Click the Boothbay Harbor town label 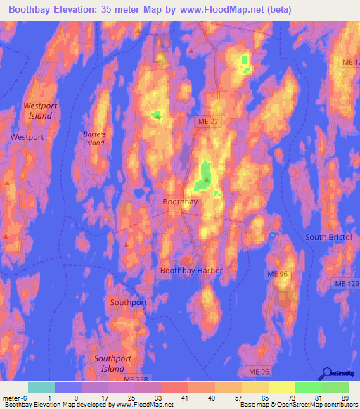(191, 271)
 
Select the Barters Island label (94, 138)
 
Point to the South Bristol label (328, 238)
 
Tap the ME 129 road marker (345, 282)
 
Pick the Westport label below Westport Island (27, 138)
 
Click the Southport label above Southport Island (129, 303)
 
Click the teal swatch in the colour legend (41, 387)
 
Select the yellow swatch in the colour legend (282, 387)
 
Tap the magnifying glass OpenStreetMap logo (327, 375)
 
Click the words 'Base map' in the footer (252, 405)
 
